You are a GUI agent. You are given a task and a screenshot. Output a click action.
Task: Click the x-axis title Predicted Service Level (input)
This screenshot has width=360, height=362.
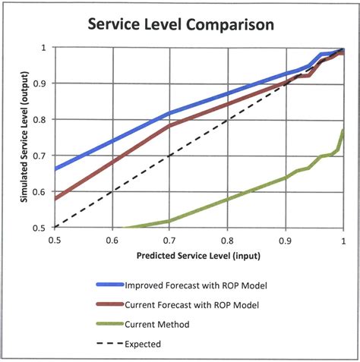tap(200, 257)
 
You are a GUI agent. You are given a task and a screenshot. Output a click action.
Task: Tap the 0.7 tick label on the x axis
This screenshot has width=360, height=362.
tap(169, 240)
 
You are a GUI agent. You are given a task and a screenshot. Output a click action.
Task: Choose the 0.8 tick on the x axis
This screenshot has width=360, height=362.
tap(228, 240)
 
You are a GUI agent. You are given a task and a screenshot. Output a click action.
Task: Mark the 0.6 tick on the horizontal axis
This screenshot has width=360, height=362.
tap(112, 240)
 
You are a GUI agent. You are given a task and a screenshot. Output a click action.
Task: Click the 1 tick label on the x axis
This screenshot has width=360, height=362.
tap(343, 240)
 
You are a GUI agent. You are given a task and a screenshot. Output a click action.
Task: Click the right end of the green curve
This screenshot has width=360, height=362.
tap(343, 131)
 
